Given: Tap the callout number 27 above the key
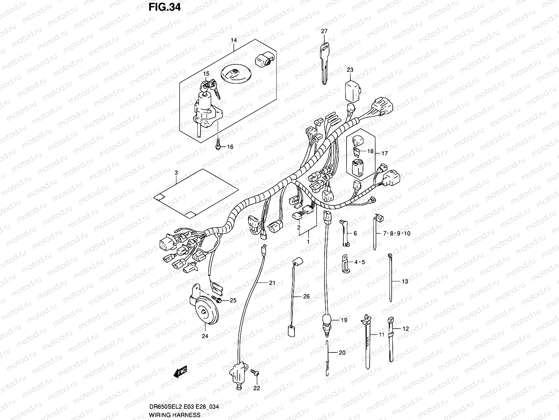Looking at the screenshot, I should [324, 31].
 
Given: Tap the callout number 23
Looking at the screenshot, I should [350, 70].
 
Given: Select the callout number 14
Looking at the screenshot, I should [233, 40].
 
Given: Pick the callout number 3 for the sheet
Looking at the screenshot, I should [176, 173].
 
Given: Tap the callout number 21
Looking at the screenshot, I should [272, 282].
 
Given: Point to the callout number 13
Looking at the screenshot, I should [405, 281].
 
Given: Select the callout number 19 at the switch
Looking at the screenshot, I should [344, 320].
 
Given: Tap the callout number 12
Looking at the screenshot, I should [405, 329].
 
